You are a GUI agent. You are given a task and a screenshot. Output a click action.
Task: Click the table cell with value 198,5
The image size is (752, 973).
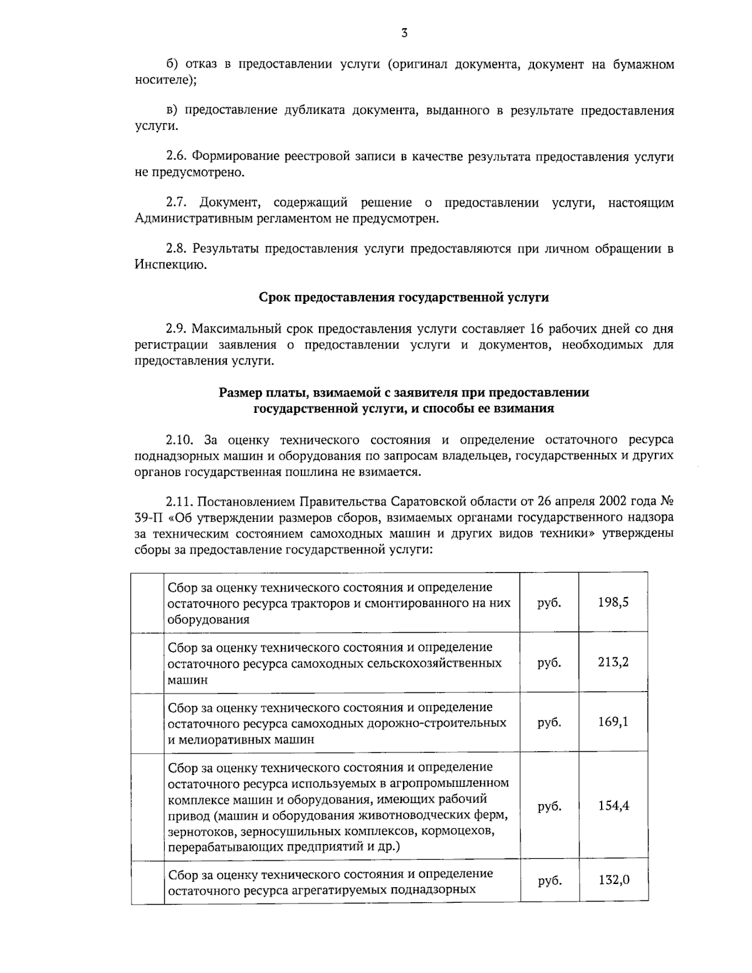613,603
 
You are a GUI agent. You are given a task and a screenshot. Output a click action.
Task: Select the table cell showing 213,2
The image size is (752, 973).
613,662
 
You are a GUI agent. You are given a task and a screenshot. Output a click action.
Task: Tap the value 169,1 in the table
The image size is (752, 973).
613,722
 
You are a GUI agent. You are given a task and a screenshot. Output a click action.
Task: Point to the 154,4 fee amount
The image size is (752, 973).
613,806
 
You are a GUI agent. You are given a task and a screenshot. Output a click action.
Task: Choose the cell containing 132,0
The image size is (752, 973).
613,880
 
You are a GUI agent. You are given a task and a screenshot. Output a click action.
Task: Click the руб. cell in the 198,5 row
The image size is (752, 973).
549,603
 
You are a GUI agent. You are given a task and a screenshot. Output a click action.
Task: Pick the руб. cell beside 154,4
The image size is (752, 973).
549,807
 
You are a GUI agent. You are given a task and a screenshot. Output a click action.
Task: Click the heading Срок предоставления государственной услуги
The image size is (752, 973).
404,297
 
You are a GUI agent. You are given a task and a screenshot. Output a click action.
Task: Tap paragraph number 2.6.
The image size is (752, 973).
177,156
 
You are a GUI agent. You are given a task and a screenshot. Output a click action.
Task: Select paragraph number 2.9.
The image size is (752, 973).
177,329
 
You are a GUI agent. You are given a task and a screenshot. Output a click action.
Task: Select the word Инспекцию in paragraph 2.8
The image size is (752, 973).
170,265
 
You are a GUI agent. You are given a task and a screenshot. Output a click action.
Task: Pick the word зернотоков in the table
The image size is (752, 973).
199,831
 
